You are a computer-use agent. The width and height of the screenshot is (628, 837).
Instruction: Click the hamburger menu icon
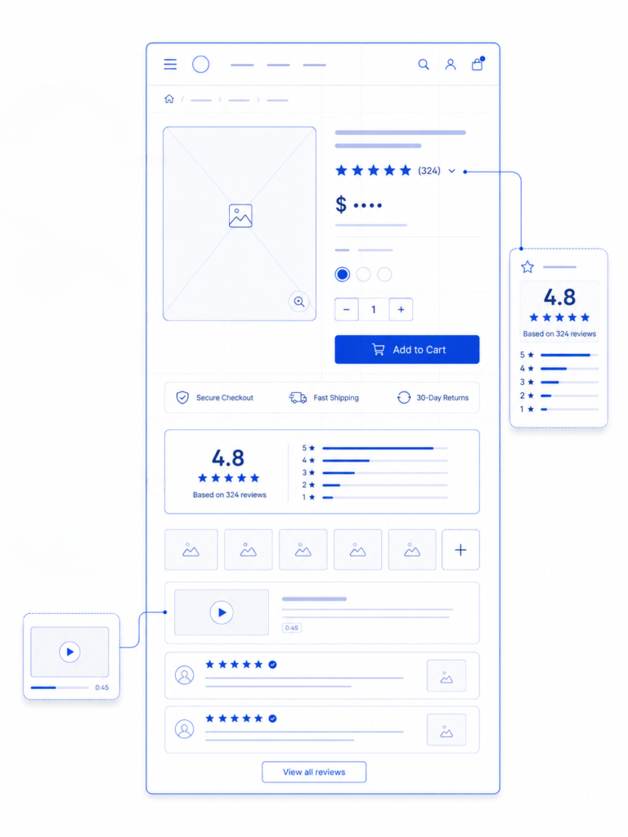click(x=170, y=65)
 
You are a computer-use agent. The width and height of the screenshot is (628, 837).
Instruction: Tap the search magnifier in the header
click(x=424, y=65)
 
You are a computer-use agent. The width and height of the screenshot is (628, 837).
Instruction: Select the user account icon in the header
click(x=451, y=65)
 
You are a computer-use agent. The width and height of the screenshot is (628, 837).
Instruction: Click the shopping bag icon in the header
click(x=478, y=64)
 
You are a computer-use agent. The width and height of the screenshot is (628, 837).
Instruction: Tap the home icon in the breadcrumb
click(x=169, y=99)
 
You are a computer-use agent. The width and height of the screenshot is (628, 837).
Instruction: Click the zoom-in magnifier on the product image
click(x=299, y=302)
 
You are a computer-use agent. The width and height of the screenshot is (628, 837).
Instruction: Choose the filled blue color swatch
click(x=343, y=275)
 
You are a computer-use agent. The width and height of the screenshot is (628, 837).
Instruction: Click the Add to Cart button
click(x=407, y=350)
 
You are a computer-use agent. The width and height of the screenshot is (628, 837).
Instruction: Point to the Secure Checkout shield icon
click(x=182, y=398)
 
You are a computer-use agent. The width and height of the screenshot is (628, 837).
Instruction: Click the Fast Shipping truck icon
click(x=298, y=398)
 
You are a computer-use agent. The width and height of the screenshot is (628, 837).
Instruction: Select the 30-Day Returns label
click(x=442, y=398)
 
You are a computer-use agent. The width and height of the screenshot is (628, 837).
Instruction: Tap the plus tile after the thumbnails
click(x=461, y=550)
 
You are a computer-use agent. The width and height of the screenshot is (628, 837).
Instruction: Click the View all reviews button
click(x=314, y=772)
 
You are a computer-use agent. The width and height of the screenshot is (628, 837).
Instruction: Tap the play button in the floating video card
click(x=70, y=651)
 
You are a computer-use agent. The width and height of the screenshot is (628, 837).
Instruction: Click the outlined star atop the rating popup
click(x=527, y=267)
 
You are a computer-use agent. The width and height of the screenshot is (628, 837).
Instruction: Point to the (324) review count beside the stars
click(x=429, y=171)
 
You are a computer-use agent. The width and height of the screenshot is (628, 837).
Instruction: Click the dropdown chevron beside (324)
click(x=451, y=172)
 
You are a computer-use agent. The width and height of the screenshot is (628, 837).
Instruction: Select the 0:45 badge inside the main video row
click(x=292, y=628)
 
